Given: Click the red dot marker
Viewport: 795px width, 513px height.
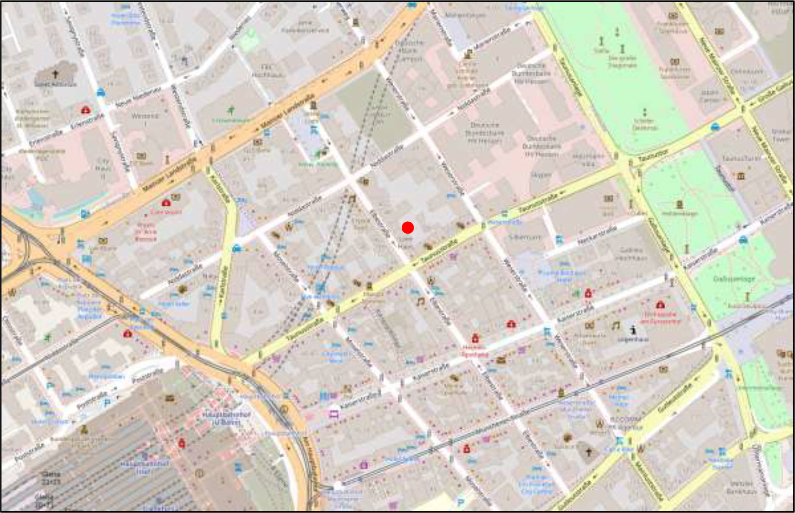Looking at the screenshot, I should pos(408,228).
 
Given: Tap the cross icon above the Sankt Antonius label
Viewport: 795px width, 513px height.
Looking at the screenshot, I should pos(55,74).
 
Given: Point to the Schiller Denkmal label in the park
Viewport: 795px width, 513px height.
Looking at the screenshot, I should pos(645,124).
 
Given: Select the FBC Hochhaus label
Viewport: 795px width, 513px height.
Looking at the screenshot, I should pos(267,71).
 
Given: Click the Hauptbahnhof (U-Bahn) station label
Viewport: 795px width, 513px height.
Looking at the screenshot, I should pos(221,418).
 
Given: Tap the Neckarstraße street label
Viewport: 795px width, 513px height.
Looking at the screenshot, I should pos(596,236).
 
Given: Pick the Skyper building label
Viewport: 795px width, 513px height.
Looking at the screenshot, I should pos(541,175).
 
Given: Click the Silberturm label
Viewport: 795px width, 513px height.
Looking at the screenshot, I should pos(525,237).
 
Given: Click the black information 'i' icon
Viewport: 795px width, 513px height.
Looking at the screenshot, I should pos(633,329).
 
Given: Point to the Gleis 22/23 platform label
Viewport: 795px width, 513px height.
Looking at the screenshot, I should pos(51,478).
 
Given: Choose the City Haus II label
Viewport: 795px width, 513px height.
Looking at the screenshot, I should pos(103,168).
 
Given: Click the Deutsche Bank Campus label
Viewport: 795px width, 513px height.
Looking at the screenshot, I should pos(409,50).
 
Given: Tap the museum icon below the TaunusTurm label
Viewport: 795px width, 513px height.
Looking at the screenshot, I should pos(741,176).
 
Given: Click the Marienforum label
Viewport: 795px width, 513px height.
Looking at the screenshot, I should pos(465,15).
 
